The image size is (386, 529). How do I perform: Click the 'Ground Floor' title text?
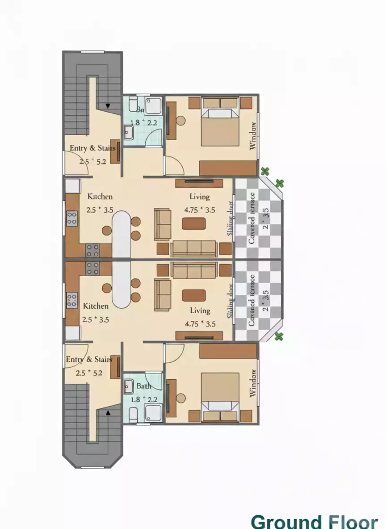pyautogui.click(x=314, y=521)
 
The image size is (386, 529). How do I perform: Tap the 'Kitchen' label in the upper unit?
pyautogui.click(x=100, y=197)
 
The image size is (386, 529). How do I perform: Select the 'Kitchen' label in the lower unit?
pyautogui.click(x=96, y=306)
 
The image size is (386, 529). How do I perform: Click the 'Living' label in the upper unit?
pyautogui.click(x=199, y=197)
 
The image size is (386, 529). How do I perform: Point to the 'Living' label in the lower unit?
pyautogui.click(x=200, y=311)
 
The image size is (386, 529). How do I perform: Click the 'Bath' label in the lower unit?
pyautogui.click(x=144, y=386)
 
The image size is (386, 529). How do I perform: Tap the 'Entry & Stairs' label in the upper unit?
pyautogui.click(x=92, y=148)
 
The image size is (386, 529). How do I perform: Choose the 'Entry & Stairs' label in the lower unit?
pyautogui.click(x=89, y=359)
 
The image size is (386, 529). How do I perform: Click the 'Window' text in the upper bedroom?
pyautogui.click(x=253, y=136)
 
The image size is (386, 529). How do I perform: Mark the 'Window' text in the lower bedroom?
pyautogui.click(x=253, y=383)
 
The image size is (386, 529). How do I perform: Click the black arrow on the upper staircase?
pyautogui.click(x=108, y=106)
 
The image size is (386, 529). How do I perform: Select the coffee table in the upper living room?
pyautogui.click(x=194, y=223)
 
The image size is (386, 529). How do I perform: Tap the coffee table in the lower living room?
pyautogui.click(x=194, y=295)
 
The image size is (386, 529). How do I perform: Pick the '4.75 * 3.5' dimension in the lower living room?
pyautogui.click(x=200, y=324)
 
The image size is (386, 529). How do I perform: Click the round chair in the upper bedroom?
pyautogui.click(x=180, y=121)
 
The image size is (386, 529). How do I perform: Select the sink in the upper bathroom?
pyautogui.click(x=129, y=132)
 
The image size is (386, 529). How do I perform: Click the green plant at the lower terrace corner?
pyautogui.click(x=279, y=336)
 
